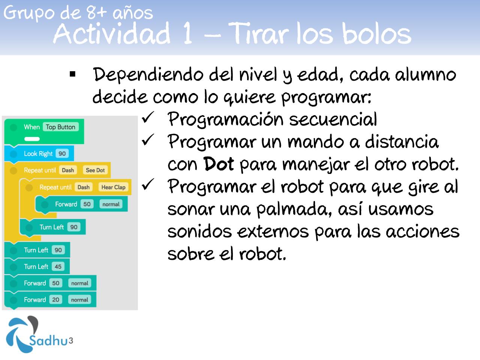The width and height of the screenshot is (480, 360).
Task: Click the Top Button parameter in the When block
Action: pyautogui.click(x=61, y=127)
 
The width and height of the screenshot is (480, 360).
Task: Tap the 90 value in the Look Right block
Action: pyautogui.click(x=62, y=153)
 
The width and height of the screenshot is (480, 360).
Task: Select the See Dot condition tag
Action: pyautogui.click(x=95, y=170)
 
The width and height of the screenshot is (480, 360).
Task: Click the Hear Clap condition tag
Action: pyautogui.click(x=113, y=187)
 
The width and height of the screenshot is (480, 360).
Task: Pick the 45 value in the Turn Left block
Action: pyautogui.click(x=58, y=267)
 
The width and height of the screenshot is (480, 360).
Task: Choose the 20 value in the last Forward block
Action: pyautogui.click(x=55, y=300)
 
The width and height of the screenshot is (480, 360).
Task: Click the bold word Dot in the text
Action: pyautogui.click(x=218, y=164)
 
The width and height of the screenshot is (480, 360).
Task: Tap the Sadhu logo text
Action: pyautogui.click(x=48, y=340)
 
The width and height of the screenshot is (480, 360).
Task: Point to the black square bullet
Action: pyautogui.click(x=72, y=74)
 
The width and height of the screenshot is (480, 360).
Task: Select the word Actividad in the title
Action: pyautogui.click(x=112, y=34)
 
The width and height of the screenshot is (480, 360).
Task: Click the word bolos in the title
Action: pyautogui.click(x=376, y=34)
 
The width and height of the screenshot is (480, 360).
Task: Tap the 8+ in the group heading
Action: pyautogui.click(x=96, y=12)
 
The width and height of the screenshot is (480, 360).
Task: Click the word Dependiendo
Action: pyautogui.click(x=148, y=74)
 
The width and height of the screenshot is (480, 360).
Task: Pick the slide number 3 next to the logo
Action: pyautogui.click(x=70, y=340)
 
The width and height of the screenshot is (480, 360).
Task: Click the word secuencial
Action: pyautogui.click(x=333, y=119)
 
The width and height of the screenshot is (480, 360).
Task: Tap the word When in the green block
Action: pyautogui.click(x=32, y=127)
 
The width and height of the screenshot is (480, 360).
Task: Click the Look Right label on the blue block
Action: pyautogui.click(x=38, y=153)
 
